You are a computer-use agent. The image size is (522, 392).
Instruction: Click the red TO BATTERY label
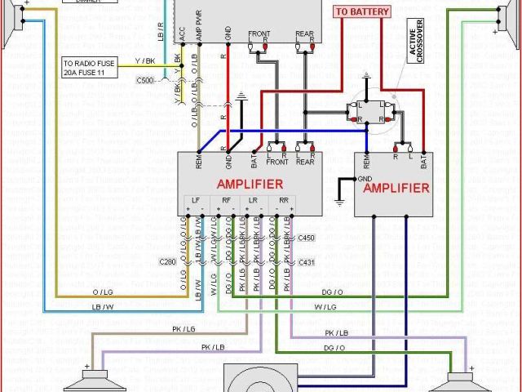362,11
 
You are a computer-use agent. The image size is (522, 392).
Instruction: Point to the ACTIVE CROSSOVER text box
413,40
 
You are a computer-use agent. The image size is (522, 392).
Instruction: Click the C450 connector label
306,238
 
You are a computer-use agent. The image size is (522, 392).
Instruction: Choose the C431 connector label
306,261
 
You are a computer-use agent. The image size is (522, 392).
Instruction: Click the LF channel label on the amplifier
195,199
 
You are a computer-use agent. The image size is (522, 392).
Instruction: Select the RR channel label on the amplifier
282,199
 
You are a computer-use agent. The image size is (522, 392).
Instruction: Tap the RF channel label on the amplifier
224,199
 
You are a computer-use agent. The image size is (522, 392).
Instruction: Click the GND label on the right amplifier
365,177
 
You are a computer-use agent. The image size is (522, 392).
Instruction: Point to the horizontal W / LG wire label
325,307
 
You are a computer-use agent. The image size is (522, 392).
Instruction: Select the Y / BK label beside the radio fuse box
145,60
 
